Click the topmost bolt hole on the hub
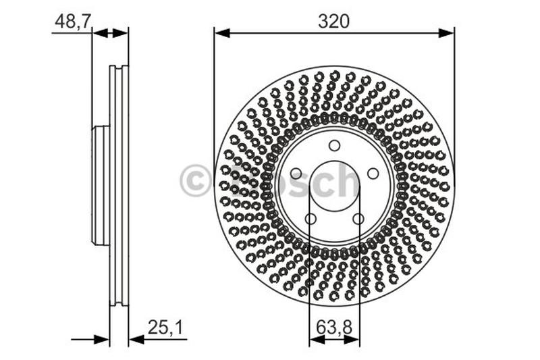334,145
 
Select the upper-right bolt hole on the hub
373,174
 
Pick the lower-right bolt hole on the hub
358,219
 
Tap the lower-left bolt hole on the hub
310,219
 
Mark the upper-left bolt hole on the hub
296,174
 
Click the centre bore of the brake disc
334,186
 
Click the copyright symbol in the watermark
195,182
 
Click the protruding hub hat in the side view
100,186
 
